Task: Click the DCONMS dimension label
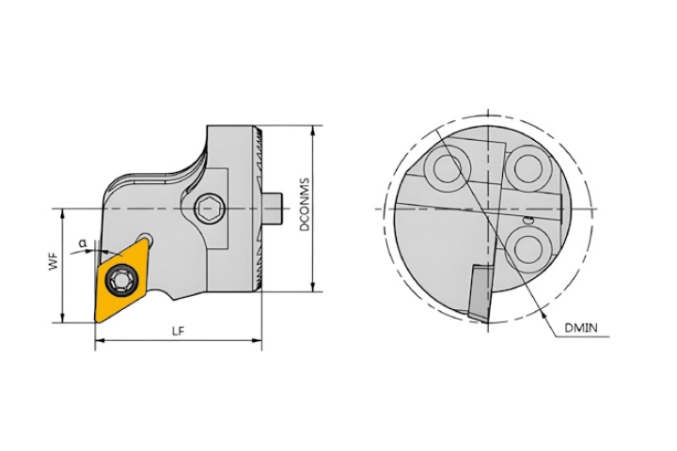pyautogui.click(x=306, y=205)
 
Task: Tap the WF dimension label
pyautogui.click(x=53, y=262)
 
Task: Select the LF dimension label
pyautogui.click(x=178, y=331)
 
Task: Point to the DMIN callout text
pyautogui.click(x=582, y=328)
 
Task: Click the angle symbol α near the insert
pyautogui.click(x=83, y=244)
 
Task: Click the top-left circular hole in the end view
pyautogui.click(x=448, y=167)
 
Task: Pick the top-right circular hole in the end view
pyautogui.click(x=528, y=167)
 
